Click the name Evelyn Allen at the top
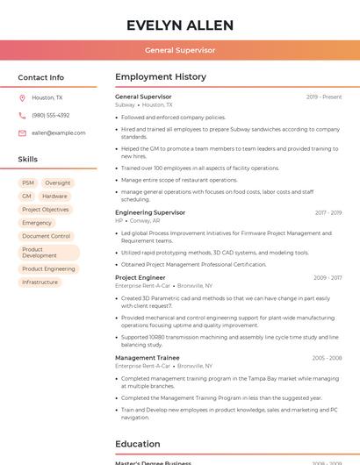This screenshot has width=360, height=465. pos(180,25)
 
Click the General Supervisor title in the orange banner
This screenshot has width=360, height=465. pos(180,50)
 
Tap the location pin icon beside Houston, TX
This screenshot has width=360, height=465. pos(22,97)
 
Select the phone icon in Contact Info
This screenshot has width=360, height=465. pos(22,115)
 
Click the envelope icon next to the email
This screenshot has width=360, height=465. pos(22,132)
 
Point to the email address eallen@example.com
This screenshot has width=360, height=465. pos(59,132)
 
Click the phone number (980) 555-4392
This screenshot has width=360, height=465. pos(50,115)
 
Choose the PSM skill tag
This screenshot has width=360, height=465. pos(28,182)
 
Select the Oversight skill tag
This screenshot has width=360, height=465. pos(57,182)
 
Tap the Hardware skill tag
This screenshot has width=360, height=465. pos(54,197)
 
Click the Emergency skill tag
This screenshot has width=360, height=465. pos(37,223)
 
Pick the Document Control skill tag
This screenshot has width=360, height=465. pos(46,236)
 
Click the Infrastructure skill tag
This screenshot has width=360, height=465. pos(40,283)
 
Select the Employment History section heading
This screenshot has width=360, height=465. pos(161,77)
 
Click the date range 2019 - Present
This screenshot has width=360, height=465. pos(324,97)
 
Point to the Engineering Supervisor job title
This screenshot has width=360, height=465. pos(150,212)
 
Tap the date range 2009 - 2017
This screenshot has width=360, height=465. pos(328,278)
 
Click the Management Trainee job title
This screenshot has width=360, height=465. pos(147,358)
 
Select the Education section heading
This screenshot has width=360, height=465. pos(138,444)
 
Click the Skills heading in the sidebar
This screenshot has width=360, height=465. pos(28,160)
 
